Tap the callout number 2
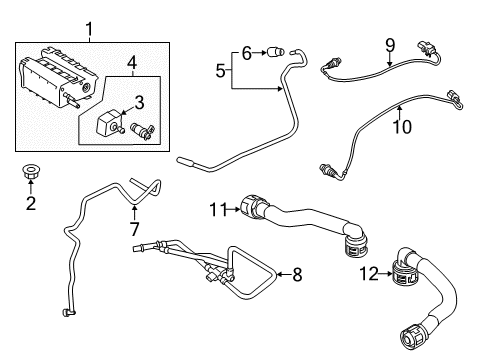click(x=31, y=203)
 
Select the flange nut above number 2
click(x=30, y=171)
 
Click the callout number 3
click(x=139, y=103)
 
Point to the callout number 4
click(x=132, y=63)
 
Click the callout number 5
click(x=220, y=71)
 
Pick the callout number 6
click(x=246, y=53)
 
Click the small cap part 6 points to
click(x=276, y=52)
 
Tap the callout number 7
click(x=134, y=229)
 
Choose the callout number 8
click(x=297, y=275)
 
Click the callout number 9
click(x=390, y=45)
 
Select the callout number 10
click(x=402, y=126)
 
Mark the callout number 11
click(x=218, y=210)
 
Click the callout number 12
click(x=369, y=274)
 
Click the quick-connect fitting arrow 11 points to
click(x=253, y=207)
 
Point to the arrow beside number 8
click(x=283, y=274)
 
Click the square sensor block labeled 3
click(x=108, y=124)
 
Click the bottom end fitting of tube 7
click(x=68, y=312)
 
